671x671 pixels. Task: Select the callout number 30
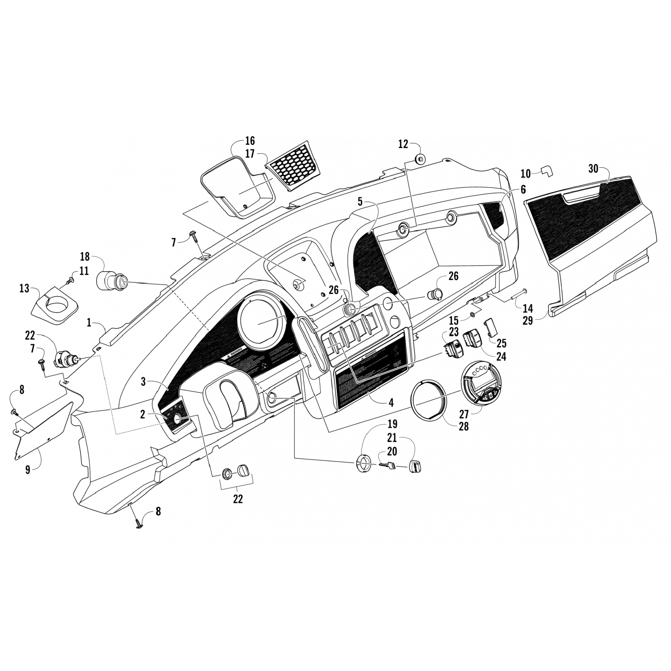593,169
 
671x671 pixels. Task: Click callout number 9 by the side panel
28,470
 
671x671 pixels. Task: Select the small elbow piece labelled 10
547,170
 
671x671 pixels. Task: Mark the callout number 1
89,323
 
